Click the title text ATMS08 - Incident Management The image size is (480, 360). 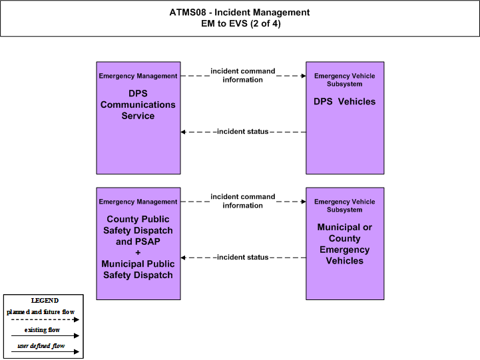coord(240,12)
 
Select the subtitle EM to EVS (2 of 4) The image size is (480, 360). coord(240,23)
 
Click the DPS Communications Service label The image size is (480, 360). coord(138,104)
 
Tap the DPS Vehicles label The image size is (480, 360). coord(344,102)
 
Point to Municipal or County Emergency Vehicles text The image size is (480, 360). coord(345,244)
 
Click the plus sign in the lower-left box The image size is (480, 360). coord(138,253)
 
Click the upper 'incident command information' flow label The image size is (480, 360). coord(243,75)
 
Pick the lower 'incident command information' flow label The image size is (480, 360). coord(243,201)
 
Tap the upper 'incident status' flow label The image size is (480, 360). coord(243,132)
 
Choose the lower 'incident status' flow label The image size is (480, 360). coord(243,258)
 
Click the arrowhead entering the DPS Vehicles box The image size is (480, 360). coord(304,76)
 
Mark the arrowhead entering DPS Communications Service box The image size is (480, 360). coord(183,132)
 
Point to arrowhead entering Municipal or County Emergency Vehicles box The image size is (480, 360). coord(304,202)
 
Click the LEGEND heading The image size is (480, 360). coord(45,301)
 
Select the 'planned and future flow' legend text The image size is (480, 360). coord(41,312)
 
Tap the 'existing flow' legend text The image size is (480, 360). coord(42,329)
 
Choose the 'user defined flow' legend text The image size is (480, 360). coord(41,346)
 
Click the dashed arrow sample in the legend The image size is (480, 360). coord(45,319)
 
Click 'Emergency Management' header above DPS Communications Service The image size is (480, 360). coord(138,76)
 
